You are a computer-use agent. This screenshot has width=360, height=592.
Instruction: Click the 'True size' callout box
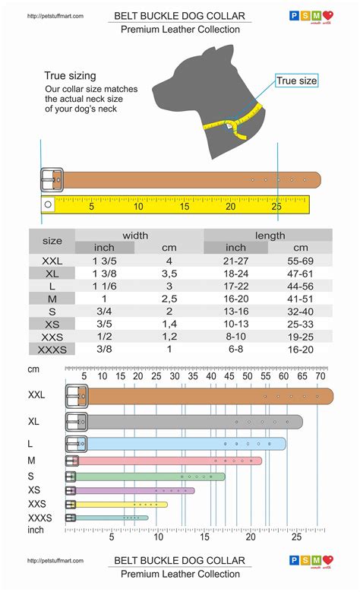(296, 81)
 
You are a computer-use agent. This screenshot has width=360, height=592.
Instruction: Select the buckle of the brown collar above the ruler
(52, 180)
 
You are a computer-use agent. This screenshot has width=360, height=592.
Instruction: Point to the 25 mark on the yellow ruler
(276, 206)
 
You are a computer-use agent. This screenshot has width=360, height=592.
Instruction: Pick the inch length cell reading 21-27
(236, 261)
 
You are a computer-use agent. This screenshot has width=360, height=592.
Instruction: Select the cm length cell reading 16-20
(301, 350)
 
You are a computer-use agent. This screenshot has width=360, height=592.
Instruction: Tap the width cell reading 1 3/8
(104, 274)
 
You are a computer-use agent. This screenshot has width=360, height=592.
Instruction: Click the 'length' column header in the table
(270, 236)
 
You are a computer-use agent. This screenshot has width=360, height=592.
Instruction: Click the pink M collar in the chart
(167, 461)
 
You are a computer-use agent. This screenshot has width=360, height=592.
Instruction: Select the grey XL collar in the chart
(190, 422)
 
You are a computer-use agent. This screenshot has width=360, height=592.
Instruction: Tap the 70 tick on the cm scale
(320, 375)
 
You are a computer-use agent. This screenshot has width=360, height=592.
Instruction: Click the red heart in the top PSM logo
(328, 15)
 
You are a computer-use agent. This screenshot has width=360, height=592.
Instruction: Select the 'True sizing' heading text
(70, 76)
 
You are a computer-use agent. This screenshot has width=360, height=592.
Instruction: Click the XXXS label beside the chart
(40, 518)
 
